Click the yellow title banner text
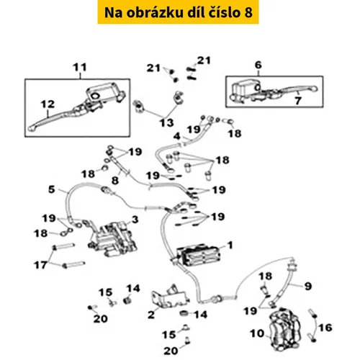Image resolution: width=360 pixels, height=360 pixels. (x=179, y=12)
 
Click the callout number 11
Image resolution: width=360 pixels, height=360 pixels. (x=80, y=67)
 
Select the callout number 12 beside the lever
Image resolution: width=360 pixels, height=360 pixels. (x=48, y=104)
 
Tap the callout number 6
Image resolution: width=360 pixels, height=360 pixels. (x=258, y=65)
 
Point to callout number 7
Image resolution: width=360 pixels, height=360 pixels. (x=298, y=100)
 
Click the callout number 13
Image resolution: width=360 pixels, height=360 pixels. (x=167, y=123)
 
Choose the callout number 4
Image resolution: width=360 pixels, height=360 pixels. (x=177, y=136)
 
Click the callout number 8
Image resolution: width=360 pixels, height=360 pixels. (x=115, y=180)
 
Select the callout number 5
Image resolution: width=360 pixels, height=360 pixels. (x=52, y=189)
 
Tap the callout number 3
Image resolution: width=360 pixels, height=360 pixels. (x=135, y=219)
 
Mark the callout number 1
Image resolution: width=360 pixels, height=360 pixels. (x=230, y=245)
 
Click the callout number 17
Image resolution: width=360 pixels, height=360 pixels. (x=40, y=265)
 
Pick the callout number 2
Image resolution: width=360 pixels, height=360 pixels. (x=151, y=315)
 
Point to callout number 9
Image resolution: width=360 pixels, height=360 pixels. (x=308, y=286)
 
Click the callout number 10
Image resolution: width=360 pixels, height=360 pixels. (x=257, y=333)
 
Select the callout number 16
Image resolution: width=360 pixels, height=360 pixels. (x=325, y=328)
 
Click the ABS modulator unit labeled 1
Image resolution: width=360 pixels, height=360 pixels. (x=198, y=255)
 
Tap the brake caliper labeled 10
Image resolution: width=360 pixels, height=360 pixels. (x=285, y=329)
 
